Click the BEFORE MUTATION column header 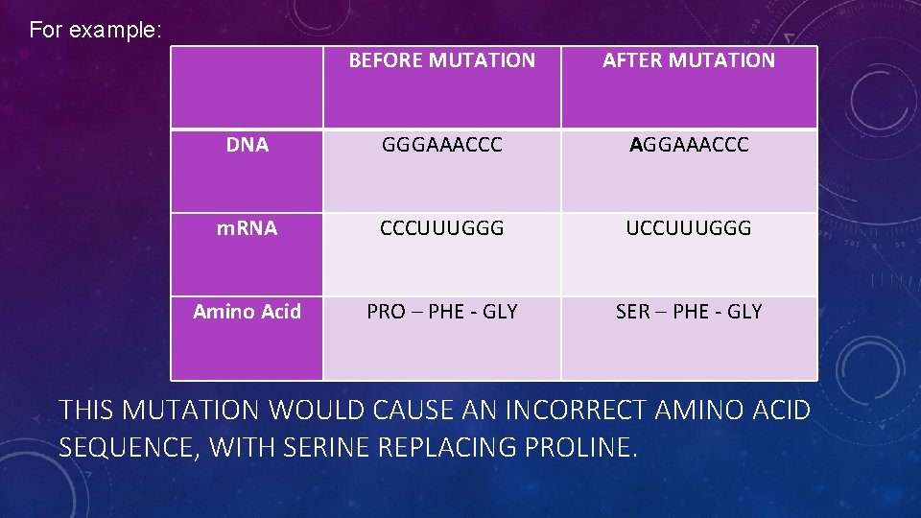tap(441, 60)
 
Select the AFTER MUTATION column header tap(689, 60)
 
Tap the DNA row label tap(247, 145)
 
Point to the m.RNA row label tap(247, 228)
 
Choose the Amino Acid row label tap(247, 312)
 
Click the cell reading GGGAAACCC tap(441, 145)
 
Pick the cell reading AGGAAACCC tap(689, 145)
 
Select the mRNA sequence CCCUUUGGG tap(441, 228)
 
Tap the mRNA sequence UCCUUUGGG tap(689, 228)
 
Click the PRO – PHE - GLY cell tap(441, 312)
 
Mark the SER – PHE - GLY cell tap(689, 312)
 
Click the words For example tap(95, 30)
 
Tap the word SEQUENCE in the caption tap(127, 446)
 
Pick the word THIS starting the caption tap(86, 411)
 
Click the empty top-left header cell tap(247, 87)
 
